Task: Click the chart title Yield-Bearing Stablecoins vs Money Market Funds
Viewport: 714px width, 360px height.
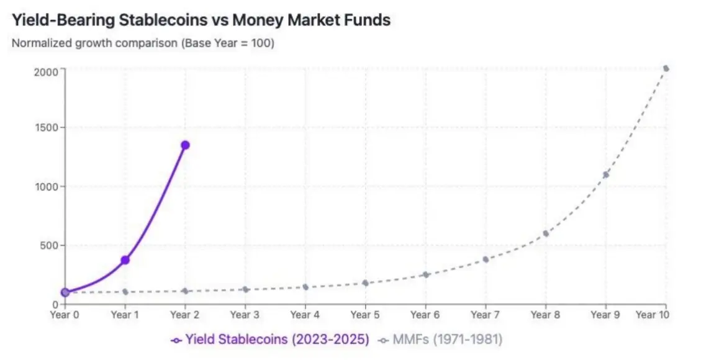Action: (201, 20)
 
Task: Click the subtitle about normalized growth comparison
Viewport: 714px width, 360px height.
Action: (143, 44)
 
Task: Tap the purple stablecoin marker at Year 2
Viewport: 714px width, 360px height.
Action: (185, 145)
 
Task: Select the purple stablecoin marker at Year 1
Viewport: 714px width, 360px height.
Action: (125, 259)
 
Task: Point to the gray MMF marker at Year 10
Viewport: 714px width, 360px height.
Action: (666, 68)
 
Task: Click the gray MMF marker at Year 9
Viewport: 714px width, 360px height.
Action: (605, 174)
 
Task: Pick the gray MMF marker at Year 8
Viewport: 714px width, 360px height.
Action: (546, 233)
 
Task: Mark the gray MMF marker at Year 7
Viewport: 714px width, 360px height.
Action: (486, 259)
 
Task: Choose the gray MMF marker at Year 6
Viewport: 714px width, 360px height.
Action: (425, 274)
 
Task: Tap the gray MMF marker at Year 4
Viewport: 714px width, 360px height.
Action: (305, 287)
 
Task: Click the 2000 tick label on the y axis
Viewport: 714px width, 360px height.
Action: (46, 71)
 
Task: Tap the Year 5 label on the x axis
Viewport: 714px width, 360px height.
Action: (365, 315)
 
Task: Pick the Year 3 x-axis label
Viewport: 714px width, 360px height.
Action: (245, 315)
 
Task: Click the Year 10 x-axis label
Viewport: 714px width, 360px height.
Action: (651, 315)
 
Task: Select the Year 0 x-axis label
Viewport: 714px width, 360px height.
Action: (65, 315)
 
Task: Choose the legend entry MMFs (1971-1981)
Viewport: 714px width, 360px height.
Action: (441, 340)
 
